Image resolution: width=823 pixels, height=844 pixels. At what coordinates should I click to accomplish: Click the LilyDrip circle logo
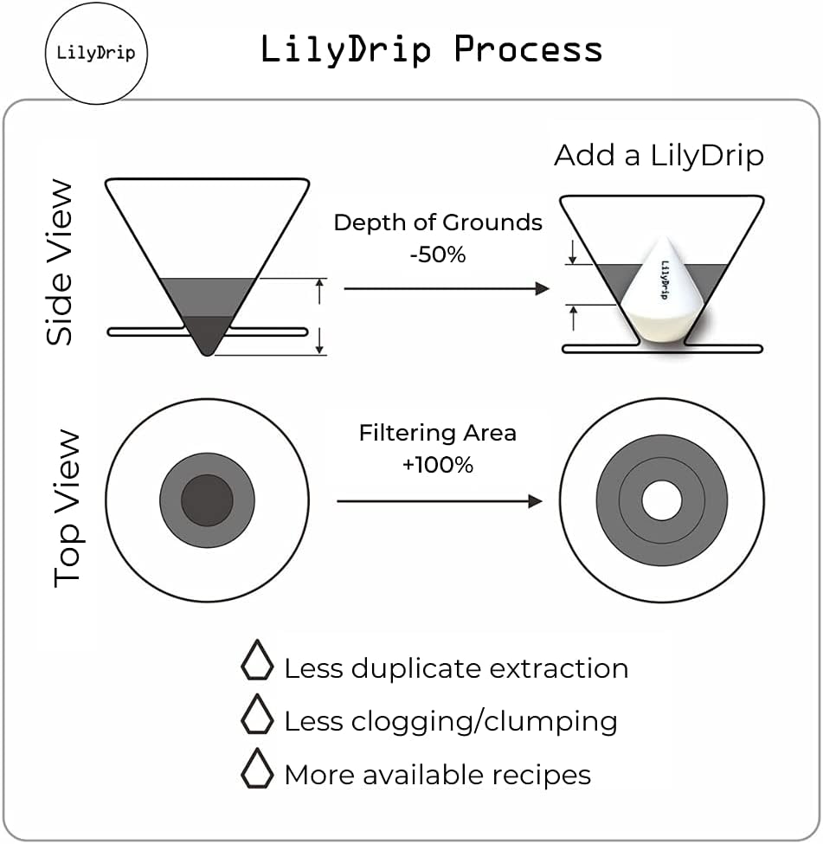pyautogui.click(x=97, y=53)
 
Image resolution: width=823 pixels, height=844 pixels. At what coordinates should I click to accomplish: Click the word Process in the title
pyautogui.click(x=529, y=49)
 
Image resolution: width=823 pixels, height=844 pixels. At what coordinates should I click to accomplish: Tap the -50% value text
pyautogui.click(x=438, y=254)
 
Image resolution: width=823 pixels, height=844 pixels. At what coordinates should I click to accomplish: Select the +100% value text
pyautogui.click(x=438, y=464)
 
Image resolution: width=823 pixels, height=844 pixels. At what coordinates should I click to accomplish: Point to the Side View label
pyautogui.click(x=61, y=261)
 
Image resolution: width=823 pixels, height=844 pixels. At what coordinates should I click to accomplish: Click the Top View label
pyautogui.click(x=68, y=508)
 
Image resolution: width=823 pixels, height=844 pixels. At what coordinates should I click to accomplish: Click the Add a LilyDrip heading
pyautogui.click(x=659, y=156)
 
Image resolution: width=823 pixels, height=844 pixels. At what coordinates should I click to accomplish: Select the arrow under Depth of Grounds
pyautogui.click(x=447, y=288)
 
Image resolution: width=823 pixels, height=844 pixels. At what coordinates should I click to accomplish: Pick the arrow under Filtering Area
pyautogui.click(x=440, y=501)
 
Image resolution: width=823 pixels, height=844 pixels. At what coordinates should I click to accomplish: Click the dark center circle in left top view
pyautogui.click(x=207, y=500)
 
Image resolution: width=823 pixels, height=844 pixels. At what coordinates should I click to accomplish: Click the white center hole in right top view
pyautogui.click(x=662, y=501)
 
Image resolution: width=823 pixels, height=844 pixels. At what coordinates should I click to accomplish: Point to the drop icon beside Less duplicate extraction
pyautogui.click(x=257, y=660)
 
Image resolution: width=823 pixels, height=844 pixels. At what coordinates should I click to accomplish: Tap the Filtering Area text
pyautogui.click(x=438, y=432)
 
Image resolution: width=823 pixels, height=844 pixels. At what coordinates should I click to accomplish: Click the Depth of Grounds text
pyautogui.click(x=438, y=222)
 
